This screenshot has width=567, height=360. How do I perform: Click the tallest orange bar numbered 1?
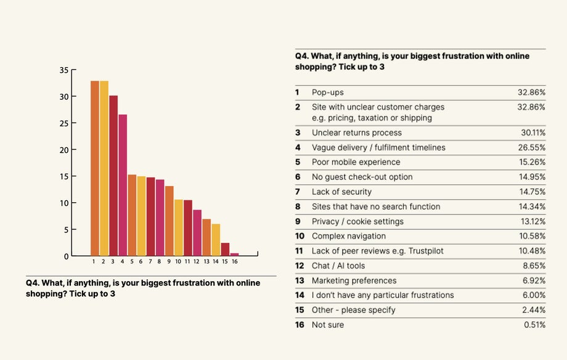click(94, 168)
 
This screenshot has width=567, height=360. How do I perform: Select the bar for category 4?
click(123, 185)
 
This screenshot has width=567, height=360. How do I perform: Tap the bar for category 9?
click(169, 221)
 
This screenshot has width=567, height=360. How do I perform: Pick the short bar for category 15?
click(225, 249)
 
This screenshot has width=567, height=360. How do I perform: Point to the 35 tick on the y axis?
click(64, 70)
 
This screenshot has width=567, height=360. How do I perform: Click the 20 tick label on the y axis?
click(64, 150)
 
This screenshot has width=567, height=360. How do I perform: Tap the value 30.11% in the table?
click(533, 133)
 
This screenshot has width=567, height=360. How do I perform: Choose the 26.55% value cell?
click(533, 147)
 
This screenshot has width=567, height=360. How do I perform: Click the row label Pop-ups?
click(328, 92)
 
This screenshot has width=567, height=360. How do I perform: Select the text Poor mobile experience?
click(356, 162)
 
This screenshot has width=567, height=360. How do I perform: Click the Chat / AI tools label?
click(338, 266)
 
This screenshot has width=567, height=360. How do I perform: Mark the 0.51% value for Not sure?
click(534, 325)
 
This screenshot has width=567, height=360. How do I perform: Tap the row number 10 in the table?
click(300, 236)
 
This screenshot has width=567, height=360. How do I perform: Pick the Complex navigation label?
click(349, 236)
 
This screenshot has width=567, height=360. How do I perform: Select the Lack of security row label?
click(341, 192)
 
